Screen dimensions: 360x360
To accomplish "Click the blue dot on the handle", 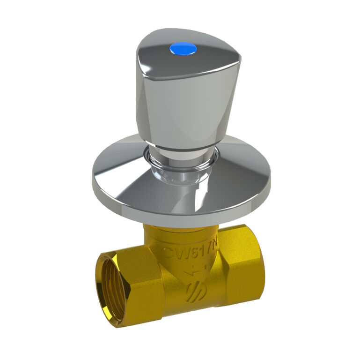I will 183,48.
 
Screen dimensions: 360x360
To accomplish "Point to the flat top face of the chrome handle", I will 187,54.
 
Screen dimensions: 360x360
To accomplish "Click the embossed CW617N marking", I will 190,253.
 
